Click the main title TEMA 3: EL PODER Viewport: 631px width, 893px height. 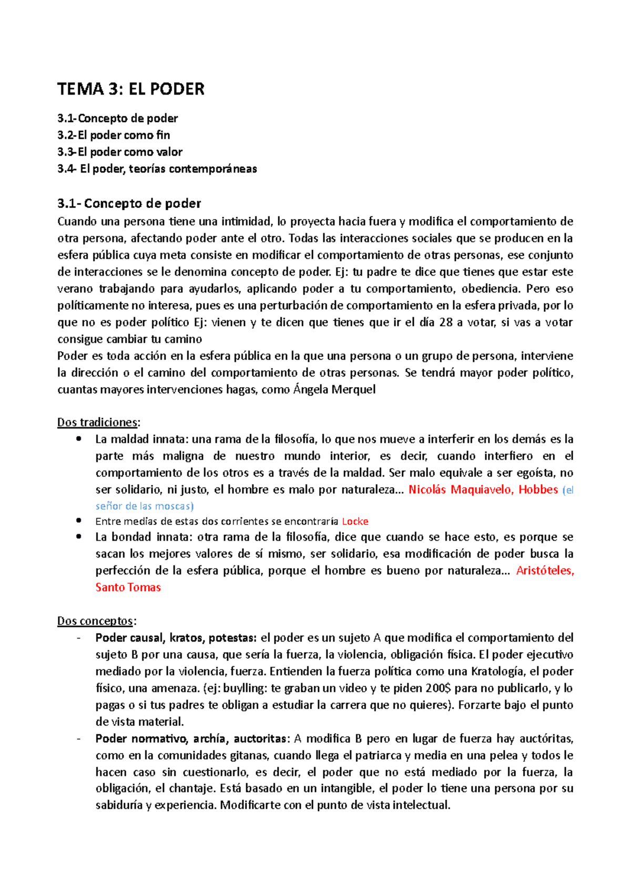pyautogui.click(x=130, y=89)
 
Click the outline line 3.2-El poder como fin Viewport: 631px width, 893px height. pyautogui.click(x=114, y=135)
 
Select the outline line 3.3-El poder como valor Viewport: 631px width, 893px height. pyautogui.click(x=120, y=152)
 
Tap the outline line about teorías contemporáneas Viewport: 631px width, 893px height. pyautogui.click(x=157, y=169)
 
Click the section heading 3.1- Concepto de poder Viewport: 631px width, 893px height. pyautogui.click(x=129, y=203)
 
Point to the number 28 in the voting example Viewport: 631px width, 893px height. pyautogui.click(x=445, y=322)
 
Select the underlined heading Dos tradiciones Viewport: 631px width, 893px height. pyautogui.click(x=98, y=422)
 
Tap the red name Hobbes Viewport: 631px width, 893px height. pyautogui.click(x=538, y=490)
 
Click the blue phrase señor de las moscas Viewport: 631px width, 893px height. pyautogui.click(x=144, y=506)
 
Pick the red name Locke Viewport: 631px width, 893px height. pyautogui.click(x=355, y=522)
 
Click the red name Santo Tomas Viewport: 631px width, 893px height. pyautogui.click(x=128, y=587)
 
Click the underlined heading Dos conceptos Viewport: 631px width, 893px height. pyautogui.click(x=96, y=621)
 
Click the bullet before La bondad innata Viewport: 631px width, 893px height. pyautogui.click(x=79, y=537)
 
